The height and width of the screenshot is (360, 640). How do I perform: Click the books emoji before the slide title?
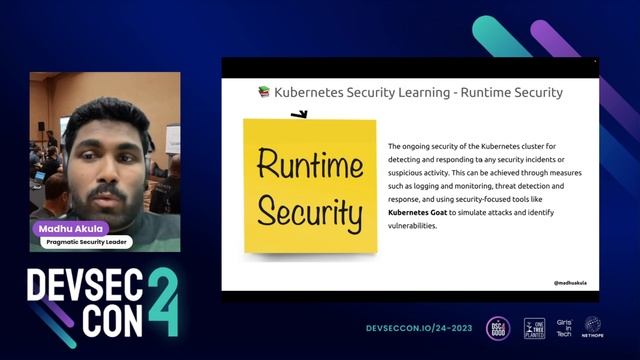pyautogui.click(x=264, y=92)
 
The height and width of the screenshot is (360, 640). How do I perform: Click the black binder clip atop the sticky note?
pyautogui.click(x=298, y=116)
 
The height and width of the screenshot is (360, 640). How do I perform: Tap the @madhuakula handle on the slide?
pyautogui.click(x=570, y=283)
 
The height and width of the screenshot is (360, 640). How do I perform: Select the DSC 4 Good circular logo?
pyautogui.click(x=497, y=327)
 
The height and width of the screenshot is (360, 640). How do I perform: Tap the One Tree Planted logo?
pyautogui.click(x=534, y=327)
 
